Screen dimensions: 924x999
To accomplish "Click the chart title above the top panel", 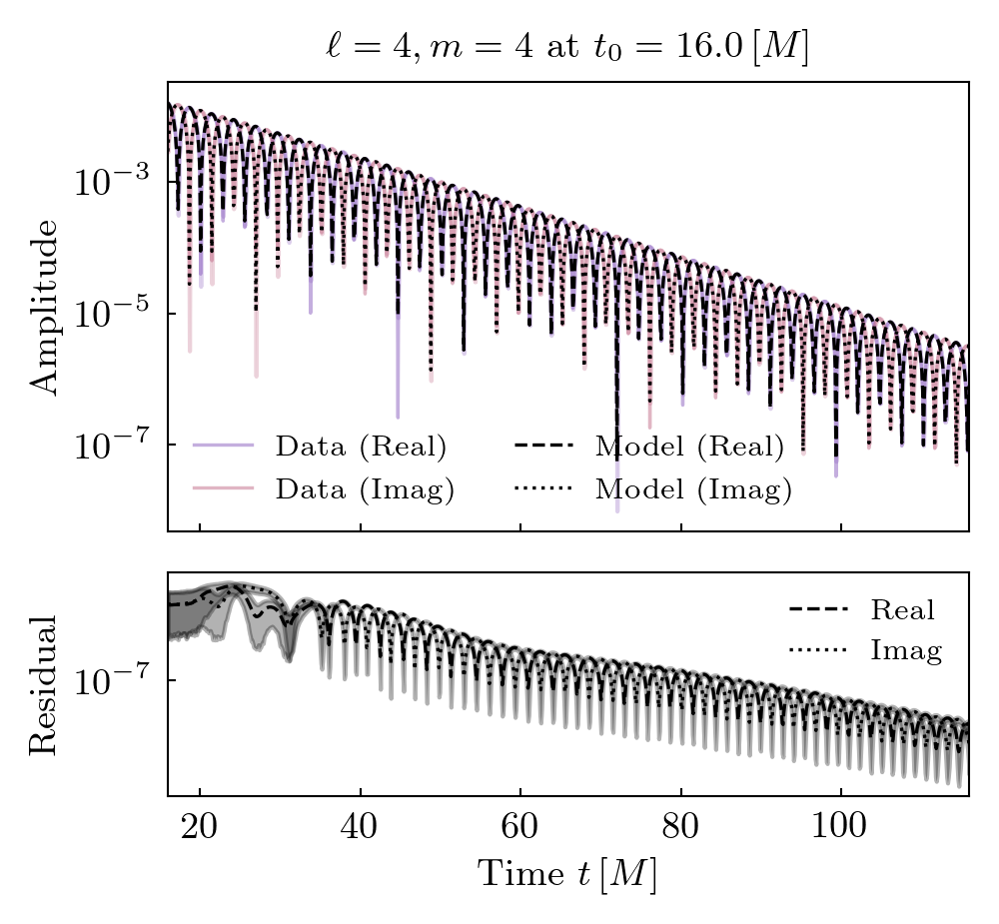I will pyautogui.click(x=567, y=48).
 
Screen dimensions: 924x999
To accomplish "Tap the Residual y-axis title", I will pyautogui.click(x=45, y=685).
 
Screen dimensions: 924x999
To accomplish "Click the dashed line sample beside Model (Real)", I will pyautogui.click(x=544, y=446).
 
